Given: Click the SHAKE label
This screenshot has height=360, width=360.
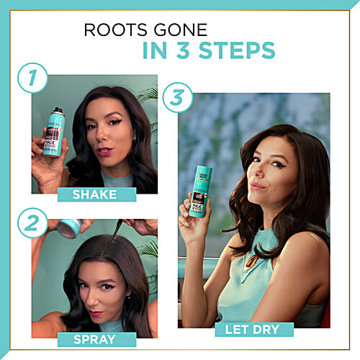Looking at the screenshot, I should point(104,194).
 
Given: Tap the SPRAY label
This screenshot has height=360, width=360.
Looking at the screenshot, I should point(96,338).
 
